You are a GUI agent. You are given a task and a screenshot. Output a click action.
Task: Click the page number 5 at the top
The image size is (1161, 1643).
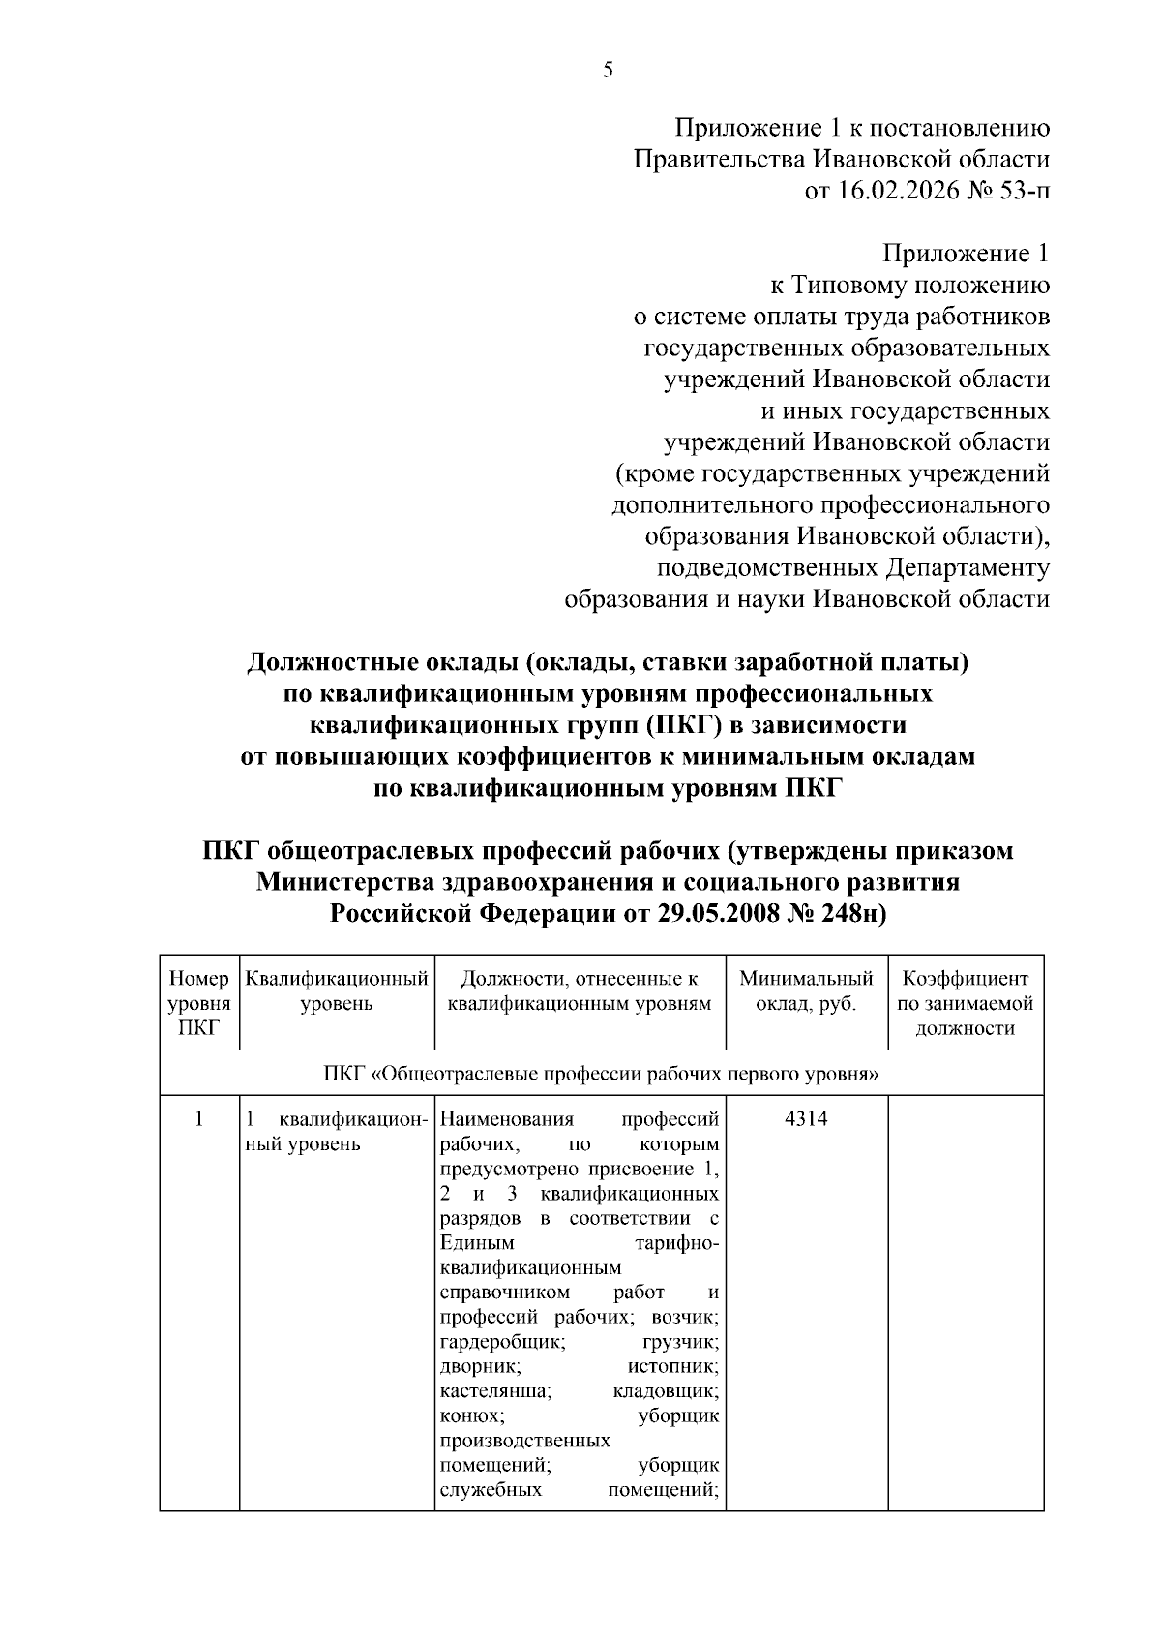pyautogui.click(x=608, y=70)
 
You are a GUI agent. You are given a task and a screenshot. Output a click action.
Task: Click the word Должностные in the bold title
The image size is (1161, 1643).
pyautogui.click(x=332, y=663)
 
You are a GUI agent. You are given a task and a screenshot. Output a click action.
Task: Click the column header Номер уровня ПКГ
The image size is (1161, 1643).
pyautogui.click(x=198, y=1003)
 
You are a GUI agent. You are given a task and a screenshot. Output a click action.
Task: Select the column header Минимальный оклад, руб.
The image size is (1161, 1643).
pyautogui.click(x=806, y=991)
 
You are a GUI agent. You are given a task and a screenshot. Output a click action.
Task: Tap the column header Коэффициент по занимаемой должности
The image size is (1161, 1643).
pyautogui.click(x=965, y=1003)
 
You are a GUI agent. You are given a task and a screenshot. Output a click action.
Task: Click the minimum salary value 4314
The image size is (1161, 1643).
pyautogui.click(x=806, y=1120)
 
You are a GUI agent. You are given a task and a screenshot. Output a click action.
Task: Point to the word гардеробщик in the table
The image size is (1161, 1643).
pyautogui.click(x=502, y=1343)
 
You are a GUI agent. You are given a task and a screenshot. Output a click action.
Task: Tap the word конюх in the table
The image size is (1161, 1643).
pyautogui.click(x=471, y=1416)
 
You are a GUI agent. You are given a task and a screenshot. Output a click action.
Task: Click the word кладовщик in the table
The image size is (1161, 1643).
pyautogui.click(x=666, y=1392)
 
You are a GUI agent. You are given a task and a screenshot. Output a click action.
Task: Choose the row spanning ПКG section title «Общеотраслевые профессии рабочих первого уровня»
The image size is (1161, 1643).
pyautogui.click(x=601, y=1074)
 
